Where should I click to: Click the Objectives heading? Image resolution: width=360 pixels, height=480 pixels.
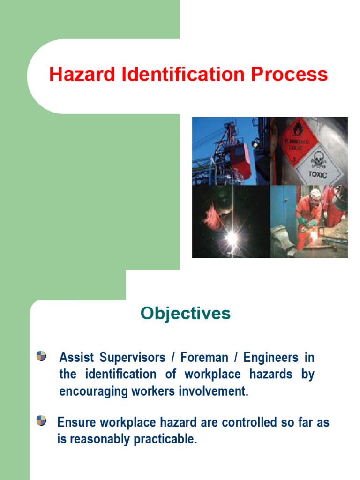pos(186,314)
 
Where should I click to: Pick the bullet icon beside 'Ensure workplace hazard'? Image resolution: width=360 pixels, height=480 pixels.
pos(42,420)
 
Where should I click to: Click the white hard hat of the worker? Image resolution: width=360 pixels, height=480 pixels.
pos(315,193)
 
